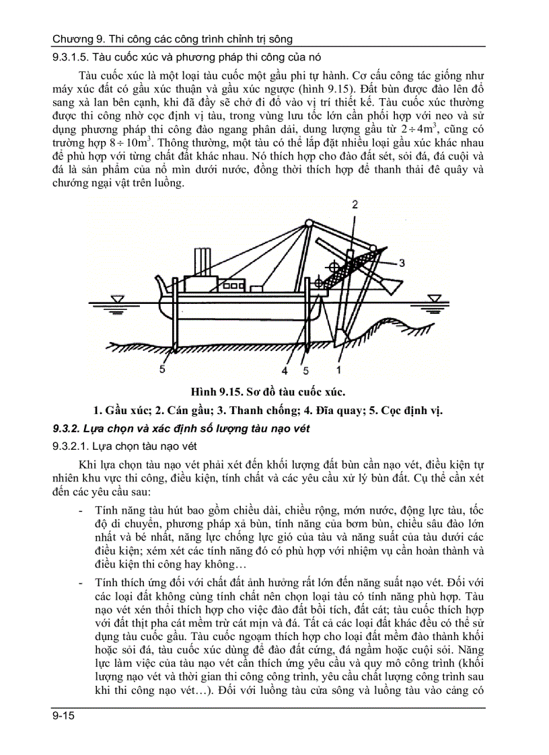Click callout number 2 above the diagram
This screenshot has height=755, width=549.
click(355, 204)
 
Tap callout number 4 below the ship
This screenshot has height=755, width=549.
click(285, 370)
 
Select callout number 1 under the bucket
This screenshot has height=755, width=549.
click(339, 370)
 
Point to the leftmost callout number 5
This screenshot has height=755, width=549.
click(162, 370)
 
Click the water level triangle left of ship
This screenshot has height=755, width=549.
click(118, 298)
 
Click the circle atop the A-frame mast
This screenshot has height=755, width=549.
click(307, 222)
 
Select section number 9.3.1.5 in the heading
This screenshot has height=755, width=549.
click(71, 56)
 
